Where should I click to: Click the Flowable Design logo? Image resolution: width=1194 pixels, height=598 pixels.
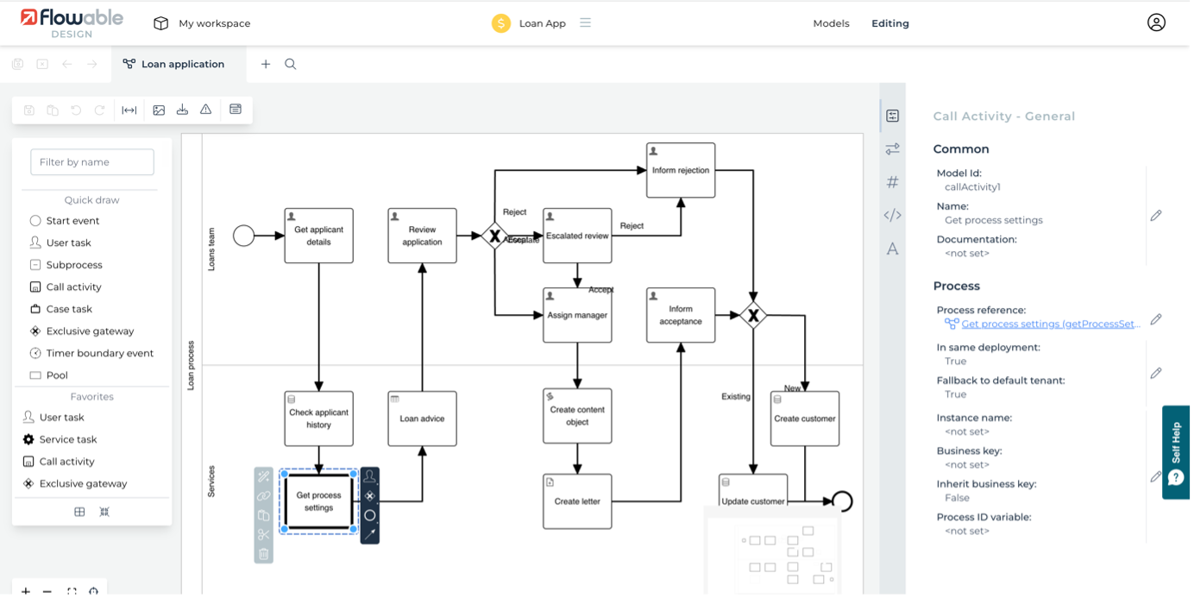(72, 23)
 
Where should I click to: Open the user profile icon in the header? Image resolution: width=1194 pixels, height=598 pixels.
(1156, 23)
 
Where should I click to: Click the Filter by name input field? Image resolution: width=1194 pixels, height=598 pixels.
(92, 161)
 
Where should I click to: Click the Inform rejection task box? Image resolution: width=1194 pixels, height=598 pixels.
(681, 170)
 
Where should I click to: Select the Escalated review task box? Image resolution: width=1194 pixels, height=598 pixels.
(577, 236)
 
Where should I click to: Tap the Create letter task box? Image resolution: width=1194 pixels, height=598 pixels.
(577, 501)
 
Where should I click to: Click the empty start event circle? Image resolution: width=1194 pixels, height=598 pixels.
(244, 235)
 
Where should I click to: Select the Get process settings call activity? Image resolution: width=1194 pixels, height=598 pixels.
(318, 501)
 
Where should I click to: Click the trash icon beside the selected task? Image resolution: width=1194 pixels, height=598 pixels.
(264, 554)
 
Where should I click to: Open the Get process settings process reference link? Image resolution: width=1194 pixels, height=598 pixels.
(1050, 324)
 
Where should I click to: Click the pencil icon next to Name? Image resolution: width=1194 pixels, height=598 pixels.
(1156, 215)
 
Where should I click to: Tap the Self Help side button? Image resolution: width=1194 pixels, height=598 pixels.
(1175, 451)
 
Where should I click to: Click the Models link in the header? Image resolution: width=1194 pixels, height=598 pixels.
(831, 23)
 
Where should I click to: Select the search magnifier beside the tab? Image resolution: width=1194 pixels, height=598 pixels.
(291, 64)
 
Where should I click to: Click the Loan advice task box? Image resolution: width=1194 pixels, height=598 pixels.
(422, 419)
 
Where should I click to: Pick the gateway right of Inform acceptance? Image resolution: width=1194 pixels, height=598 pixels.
(753, 316)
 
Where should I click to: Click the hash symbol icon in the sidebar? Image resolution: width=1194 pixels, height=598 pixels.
(893, 182)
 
